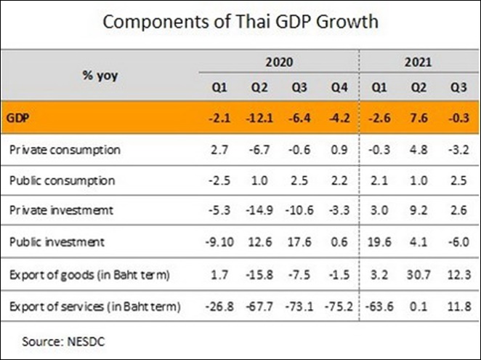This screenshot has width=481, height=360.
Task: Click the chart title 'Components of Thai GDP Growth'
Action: [x=240, y=22]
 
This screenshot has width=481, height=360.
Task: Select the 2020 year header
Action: [x=279, y=63]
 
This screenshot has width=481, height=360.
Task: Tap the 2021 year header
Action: [x=419, y=63]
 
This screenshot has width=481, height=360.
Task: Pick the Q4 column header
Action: [x=340, y=88]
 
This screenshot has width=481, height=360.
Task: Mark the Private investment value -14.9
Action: [x=261, y=210]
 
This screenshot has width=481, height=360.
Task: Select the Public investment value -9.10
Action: [x=219, y=241]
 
